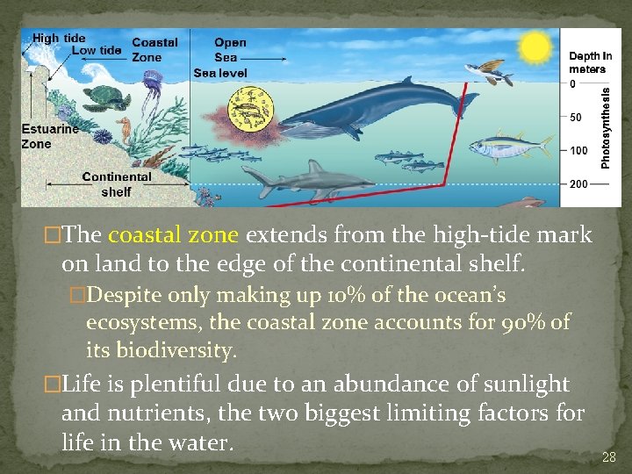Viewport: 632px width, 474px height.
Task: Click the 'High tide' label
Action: pyautogui.click(x=59, y=38)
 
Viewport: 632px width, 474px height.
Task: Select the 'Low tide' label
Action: pyautogui.click(x=97, y=50)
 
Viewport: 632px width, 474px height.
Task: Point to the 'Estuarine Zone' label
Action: pyautogui.click(x=49, y=136)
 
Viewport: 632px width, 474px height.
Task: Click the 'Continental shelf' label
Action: pyautogui.click(x=116, y=183)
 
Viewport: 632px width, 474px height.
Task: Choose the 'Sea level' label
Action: pyautogui.click(x=220, y=73)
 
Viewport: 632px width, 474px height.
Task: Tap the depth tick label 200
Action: pyautogui.click(x=578, y=184)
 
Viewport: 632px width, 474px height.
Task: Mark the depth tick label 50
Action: pyautogui.click(x=576, y=117)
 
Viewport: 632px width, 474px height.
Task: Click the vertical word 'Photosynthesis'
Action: pyautogui.click(x=606, y=125)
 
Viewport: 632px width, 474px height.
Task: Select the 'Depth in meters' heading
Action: pyautogui.click(x=590, y=62)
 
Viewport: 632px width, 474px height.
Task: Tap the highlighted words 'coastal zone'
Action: pyautogui.click(x=173, y=235)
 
